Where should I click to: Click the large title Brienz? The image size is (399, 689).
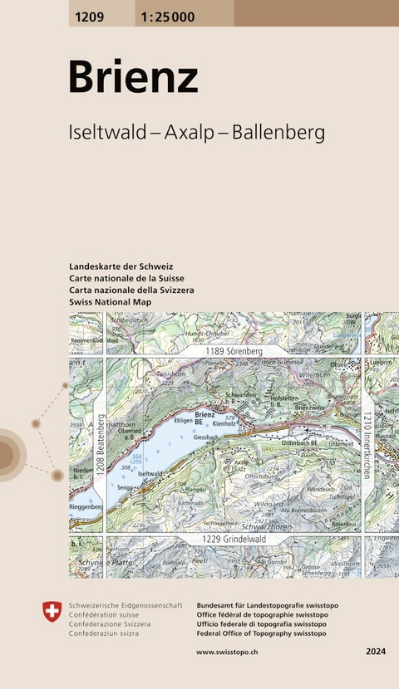tap(133, 77)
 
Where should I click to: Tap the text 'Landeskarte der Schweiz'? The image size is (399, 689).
tap(122, 266)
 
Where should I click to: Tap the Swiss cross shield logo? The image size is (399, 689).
tap(52, 612)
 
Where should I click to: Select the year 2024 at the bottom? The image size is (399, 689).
tap(376, 652)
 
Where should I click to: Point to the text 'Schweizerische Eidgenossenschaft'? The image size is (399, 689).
tap(126, 607)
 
